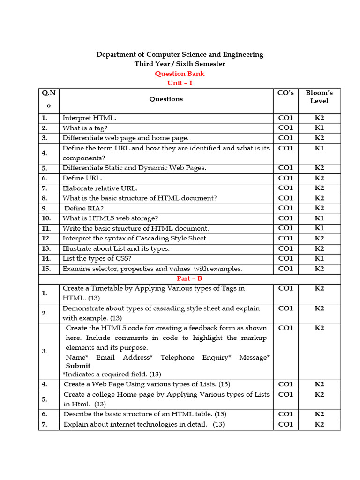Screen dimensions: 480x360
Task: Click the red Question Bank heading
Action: (x=180, y=74)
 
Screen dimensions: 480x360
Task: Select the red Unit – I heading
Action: (x=180, y=83)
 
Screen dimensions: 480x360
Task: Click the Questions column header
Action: (x=166, y=99)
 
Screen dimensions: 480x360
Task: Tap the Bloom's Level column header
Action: (x=319, y=97)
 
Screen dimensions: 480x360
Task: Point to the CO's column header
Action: (x=285, y=93)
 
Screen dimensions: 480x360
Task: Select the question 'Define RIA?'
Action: (x=84, y=208)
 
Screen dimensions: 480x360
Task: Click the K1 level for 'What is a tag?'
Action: (x=319, y=127)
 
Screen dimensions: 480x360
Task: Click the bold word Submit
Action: (x=78, y=366)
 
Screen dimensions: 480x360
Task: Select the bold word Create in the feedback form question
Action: (x=76, y=328)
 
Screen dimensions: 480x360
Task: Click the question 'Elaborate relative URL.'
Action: (x=100, y=188)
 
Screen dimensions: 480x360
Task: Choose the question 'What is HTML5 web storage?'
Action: (x=110, y=218)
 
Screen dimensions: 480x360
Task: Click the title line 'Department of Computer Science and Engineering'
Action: (x=180, y=54)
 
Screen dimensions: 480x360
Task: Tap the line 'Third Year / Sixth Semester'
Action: (x=180, y=64)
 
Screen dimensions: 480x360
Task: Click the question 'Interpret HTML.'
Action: (x=89, y=118)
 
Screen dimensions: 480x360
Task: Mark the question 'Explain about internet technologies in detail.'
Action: (x=144, y=424)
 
